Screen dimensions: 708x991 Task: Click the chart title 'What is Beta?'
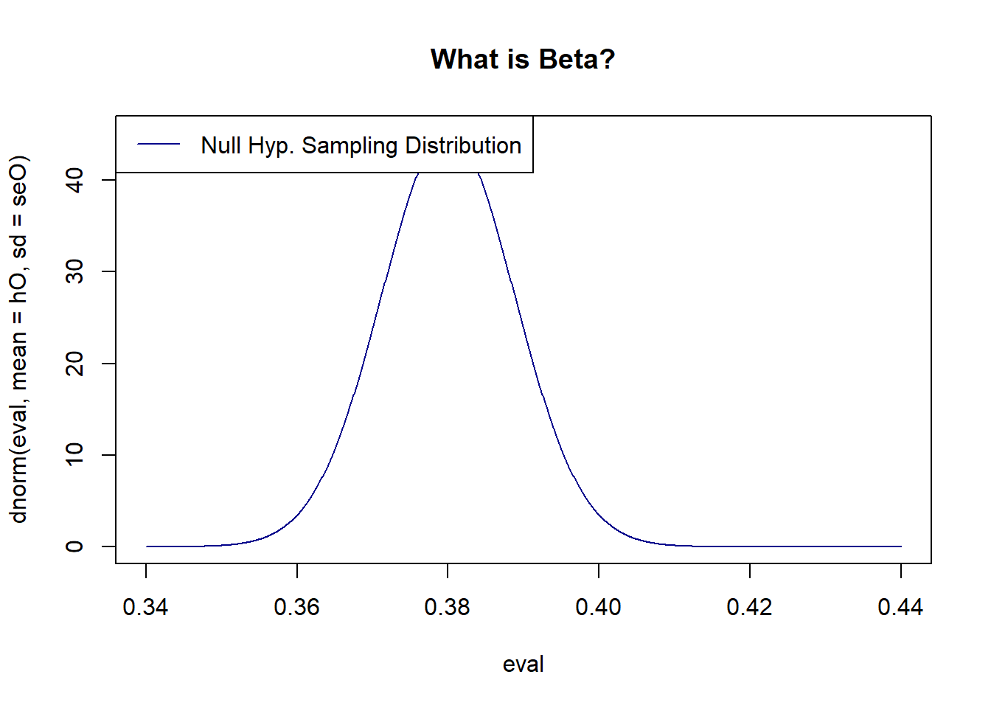pos(522,59)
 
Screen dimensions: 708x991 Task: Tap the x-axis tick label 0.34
pos(145,607)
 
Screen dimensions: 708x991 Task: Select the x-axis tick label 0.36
pos(296,607)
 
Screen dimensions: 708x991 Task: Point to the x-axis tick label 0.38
pos(447,607)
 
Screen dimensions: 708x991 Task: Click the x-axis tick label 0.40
pos(598,607)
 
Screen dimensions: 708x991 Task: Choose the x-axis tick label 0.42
pos(749,607)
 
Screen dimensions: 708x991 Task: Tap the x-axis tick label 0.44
pos(900,607)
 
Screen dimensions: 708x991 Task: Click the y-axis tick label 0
pos(74,546)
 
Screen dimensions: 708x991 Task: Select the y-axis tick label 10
pos(74,455)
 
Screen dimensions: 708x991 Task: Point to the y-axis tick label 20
pos(74,364)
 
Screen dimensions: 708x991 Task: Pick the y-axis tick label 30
pos(74,272)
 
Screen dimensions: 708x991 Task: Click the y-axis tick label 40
pos(74,180)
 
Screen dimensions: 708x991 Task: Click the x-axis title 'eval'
pos(523,664)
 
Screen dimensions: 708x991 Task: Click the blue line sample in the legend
pos(159,145)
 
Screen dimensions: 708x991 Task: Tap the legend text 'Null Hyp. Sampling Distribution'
pos(361,145)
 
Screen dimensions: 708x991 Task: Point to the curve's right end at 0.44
pos(900,546)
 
